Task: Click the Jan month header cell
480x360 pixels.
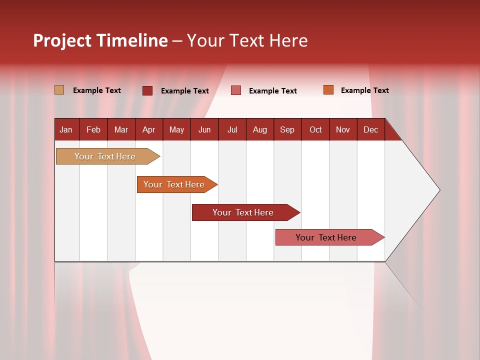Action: (66, 129)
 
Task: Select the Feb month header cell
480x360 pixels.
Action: (93, 129)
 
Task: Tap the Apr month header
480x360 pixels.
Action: (149, 129)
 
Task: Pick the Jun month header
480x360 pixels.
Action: (204, 129)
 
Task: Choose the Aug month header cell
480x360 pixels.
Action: (260, 129)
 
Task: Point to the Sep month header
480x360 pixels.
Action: (287, 129)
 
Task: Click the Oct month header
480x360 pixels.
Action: (315, 129)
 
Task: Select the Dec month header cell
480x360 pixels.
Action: (371, 129)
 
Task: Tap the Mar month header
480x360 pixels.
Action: (121, 129)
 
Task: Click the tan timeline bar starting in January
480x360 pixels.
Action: (105, 156)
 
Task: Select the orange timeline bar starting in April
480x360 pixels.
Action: (174, 184)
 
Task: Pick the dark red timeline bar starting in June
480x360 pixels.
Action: (243, 212)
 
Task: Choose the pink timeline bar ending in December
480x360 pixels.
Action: (326, 237)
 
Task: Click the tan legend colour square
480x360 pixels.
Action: (59, 90)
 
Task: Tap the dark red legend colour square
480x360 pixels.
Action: (147, 90)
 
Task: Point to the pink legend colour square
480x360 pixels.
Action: (235, 90)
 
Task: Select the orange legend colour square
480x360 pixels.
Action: (328, 90)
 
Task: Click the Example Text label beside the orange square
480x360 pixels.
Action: (364, 90)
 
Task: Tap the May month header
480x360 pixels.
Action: (176, 129)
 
